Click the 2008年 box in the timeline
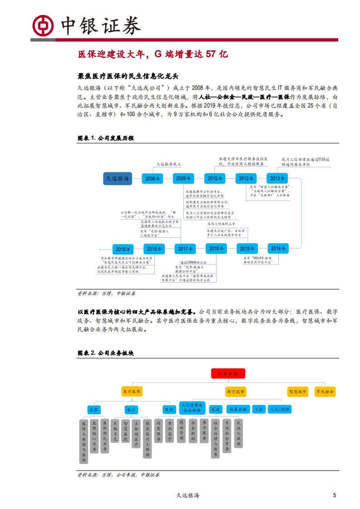(153, 179)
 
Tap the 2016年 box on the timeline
(216, 249)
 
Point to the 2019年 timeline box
(123, 249)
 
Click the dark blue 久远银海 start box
(118, 179)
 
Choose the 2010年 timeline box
(215, 179)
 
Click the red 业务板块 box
(228, 373)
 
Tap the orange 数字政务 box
(236, 391)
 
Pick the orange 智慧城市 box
(298, 391)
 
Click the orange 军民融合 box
(325, 391)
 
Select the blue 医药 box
(169, 409)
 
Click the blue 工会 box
(259, 409)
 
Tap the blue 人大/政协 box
(279, 409)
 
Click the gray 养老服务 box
(204, 430)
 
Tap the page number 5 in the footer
(335, 495)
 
